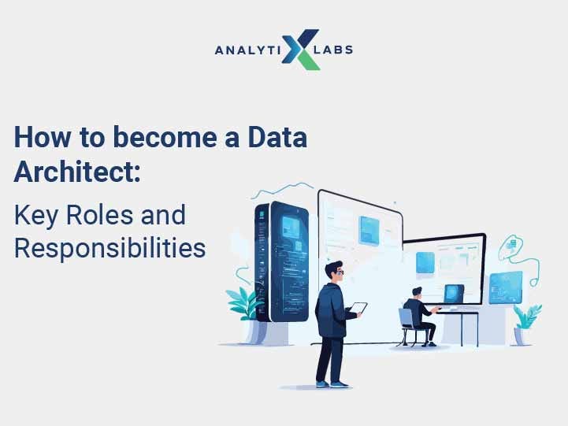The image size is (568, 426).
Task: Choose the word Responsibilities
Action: coord(110,248)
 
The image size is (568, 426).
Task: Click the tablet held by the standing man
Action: coord(358,308)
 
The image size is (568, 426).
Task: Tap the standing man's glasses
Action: coord(337,272)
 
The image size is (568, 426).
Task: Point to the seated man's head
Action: coord(414,293)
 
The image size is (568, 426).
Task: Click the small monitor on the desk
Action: coord(455,294)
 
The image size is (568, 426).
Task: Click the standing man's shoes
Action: coord(330,383)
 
